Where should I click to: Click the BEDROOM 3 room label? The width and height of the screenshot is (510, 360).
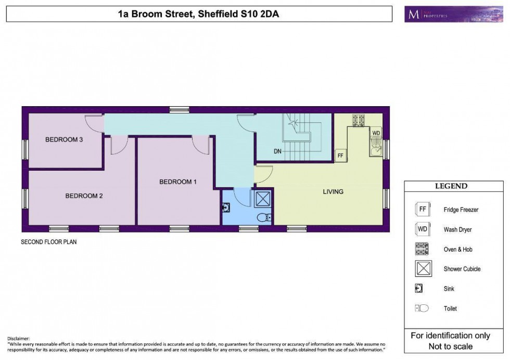tap(65, 139)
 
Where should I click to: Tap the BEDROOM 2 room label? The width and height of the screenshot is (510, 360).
tap(84, 196)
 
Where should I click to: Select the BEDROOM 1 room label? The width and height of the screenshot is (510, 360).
tap(178, 182)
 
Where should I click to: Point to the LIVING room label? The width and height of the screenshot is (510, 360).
tap(333, 191)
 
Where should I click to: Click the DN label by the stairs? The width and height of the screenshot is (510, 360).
tap(278, 152)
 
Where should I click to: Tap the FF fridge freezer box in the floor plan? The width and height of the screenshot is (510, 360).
tap(341, 156)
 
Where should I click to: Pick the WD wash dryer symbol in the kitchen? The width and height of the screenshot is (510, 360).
tap(376, 133)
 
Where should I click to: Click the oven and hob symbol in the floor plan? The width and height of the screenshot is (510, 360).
tap(358, 121)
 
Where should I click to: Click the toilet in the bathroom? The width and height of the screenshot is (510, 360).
tap(264, 217)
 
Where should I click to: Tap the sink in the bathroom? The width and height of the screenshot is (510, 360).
tap(226, 208)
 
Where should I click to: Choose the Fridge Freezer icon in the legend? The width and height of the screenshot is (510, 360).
tap(422, 209)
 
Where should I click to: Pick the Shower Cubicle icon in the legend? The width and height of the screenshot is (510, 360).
tap(422, 269)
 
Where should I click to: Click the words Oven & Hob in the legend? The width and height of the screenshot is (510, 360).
tap(458, 249)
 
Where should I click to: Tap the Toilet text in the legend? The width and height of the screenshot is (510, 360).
tap(450, 308)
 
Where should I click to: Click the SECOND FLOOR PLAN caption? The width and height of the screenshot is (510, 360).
tap(49, 242)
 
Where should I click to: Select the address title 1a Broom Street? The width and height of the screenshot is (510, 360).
tap(198, 14)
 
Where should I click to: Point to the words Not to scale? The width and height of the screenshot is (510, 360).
tap(450, 346)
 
